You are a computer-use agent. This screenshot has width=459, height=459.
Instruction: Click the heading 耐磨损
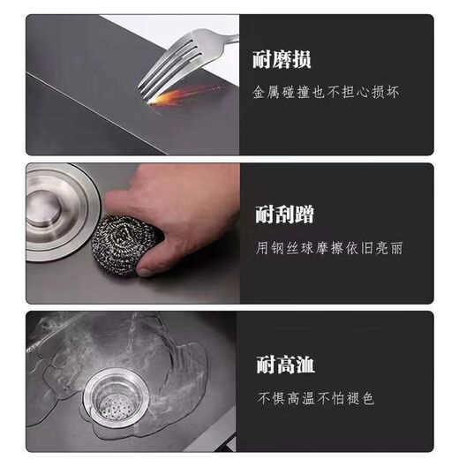pos(282,61)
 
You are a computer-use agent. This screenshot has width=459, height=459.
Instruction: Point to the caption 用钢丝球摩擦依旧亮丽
pos(329,248)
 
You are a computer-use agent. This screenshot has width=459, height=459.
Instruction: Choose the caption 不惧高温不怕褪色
pos(315,398)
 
